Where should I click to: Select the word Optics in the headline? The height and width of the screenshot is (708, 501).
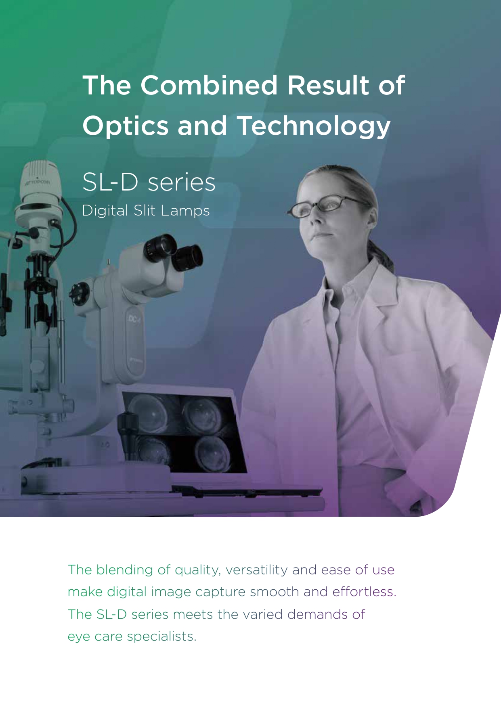click(x=125, y=126)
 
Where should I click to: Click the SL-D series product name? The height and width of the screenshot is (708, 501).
click(x=149, y=182)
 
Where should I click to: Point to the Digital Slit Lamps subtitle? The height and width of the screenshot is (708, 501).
click(x=146, y=211)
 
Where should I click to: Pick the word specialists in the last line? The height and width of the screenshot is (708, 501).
click(x=161, y=637)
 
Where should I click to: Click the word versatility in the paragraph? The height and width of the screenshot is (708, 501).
click(x=257, y=570)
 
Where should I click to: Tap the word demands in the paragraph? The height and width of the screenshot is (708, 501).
click(x=317, y=614)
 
